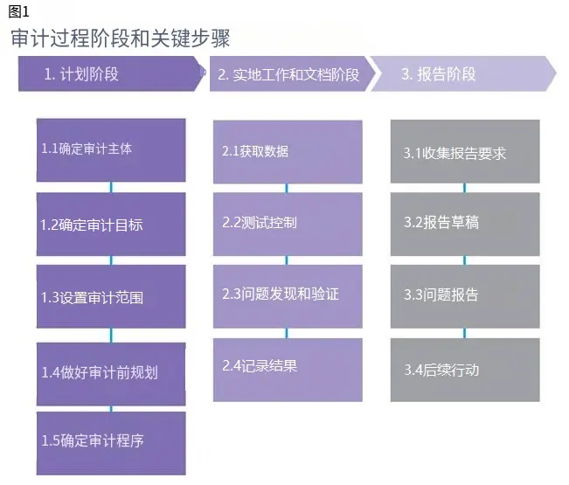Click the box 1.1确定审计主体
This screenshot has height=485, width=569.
pyautogui.click(x=110, y=149)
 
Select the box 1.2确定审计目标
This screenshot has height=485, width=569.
pyautogui.click(x=110, y=225)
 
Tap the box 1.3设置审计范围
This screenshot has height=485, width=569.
pyautogui.click(x=110, y=297)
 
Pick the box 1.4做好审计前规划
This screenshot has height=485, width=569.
pyautogui.click(x=110, y=373)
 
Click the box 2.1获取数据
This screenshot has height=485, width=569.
pyautogui.click(x=288, y=151)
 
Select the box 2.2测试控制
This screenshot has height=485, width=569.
pyautogui.click(x=288, y=223)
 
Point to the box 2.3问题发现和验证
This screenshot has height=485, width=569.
pyautogui.click(x=288, y=294)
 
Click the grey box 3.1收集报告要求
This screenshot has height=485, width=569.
pyautogui.click(x=464, y=152)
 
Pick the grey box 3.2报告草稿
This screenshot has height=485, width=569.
pyautogui.click(x=464, y=223)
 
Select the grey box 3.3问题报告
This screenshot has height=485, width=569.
pyautogui.click(x=464, y=295)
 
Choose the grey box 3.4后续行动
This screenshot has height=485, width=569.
pyautogui.click(x=464, y=370)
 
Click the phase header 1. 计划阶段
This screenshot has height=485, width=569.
pyautogui.click(x=110, y=74)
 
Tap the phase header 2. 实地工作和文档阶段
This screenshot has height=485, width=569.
pyautogui.click(x=289, y=74)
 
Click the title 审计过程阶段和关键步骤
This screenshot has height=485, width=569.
pyautogui.click(x=121, y=38)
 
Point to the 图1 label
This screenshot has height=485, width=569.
pyautogui.click(x=18, y=11)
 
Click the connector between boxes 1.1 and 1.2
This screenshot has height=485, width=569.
pyautogui.click(x=111, y=187)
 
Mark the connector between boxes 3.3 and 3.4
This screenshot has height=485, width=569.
pyautogui.click(x=464, y=333)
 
